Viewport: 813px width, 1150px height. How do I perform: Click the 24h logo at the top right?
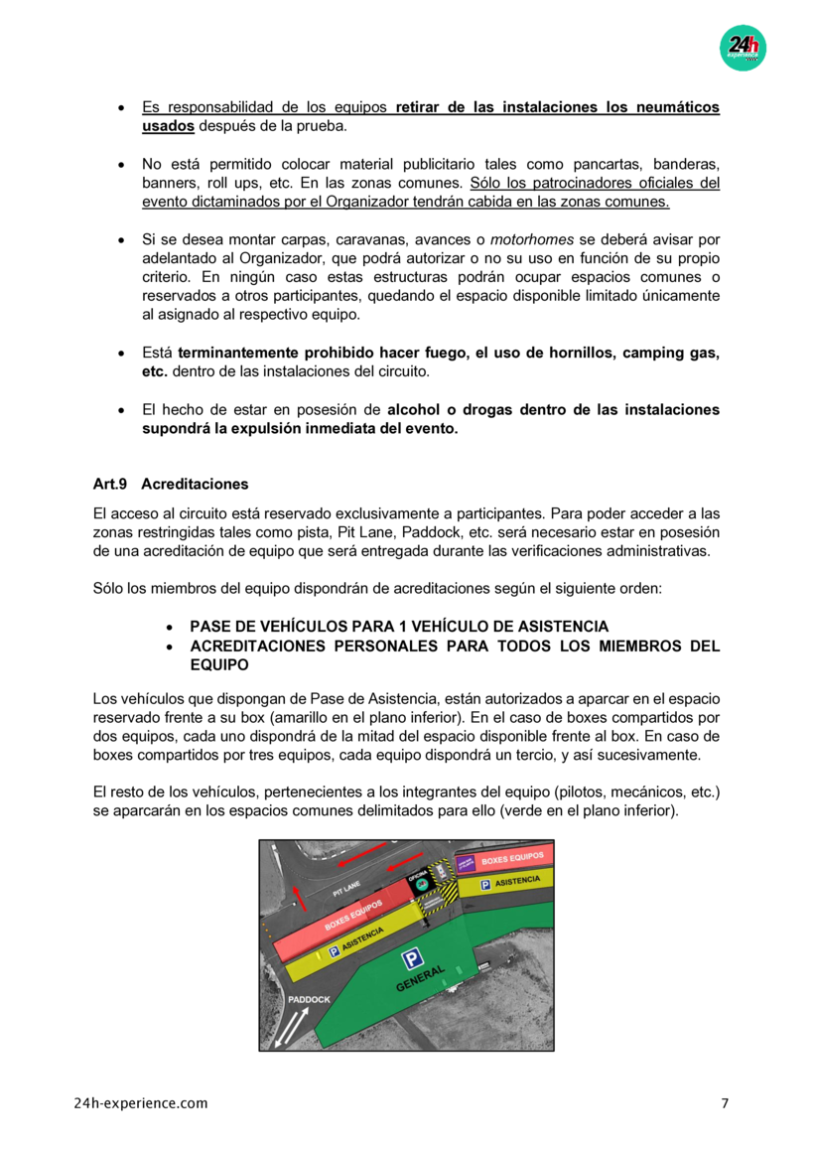coord(743,47)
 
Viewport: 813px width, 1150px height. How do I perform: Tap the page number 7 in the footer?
coord(724,1103)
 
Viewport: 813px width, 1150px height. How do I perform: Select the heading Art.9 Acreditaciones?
coord(170,485)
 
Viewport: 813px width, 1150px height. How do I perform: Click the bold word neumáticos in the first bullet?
coord(672,107)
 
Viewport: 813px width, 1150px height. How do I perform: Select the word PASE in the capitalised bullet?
coord(210,627)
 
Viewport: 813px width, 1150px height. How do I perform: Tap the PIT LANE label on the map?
coord(333,894)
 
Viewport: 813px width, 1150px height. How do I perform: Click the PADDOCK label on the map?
coord(309,999)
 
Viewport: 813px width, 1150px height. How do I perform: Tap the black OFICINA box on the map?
coord(419,879)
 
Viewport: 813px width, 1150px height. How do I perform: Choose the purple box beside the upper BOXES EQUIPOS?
coord(466,863)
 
